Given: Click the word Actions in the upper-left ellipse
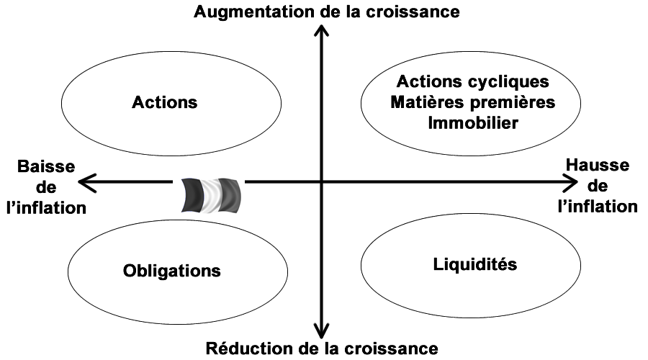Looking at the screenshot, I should pos(165,102).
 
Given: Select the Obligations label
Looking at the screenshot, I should pos(171,271).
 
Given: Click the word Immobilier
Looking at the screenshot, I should pos(472,123).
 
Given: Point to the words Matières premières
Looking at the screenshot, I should pos(473,102).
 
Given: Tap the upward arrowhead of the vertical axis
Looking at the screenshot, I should pos(322,32).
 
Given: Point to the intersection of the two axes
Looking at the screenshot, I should pos(322,183).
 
